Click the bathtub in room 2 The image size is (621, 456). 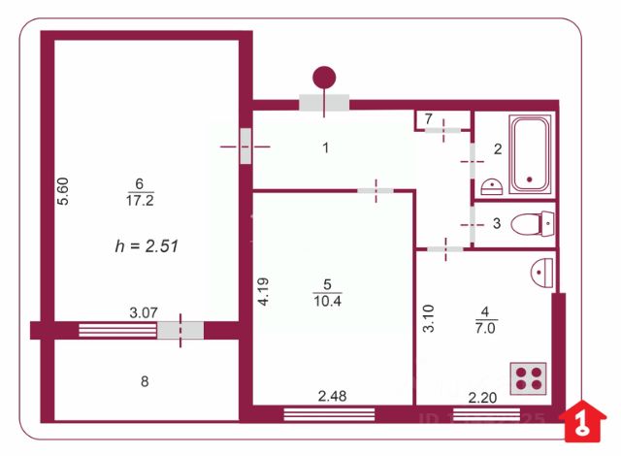coord(530,154)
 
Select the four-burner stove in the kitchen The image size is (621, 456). coord(529,377)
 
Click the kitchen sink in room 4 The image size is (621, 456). coord(542,272)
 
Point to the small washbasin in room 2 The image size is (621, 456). coord(491,183)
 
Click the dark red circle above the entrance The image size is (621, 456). coord(325,76)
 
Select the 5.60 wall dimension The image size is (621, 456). coord(63,189)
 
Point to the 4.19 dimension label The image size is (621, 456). coord(262,292)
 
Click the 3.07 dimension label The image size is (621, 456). coord(144,312)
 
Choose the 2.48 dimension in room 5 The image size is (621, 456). coord(332,396)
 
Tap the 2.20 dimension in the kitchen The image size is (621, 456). coord(482,396)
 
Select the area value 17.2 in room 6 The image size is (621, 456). coord(141,201)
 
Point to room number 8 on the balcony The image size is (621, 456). coord(145,381)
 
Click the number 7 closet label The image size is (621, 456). coord(428,118)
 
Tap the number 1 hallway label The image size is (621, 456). coord(326,148)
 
